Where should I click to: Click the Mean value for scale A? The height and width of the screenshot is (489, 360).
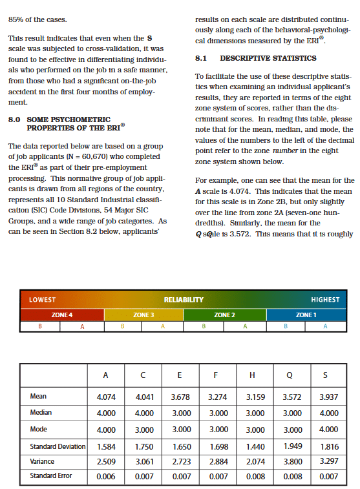point(105,397)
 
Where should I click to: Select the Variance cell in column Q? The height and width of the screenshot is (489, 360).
point(292,462)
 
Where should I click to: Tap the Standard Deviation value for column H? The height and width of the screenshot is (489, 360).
point(257,446)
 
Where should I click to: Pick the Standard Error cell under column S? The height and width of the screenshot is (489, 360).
point(328,476)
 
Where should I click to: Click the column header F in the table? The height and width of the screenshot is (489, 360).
point(216,374)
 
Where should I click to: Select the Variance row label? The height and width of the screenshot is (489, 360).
point(43,461)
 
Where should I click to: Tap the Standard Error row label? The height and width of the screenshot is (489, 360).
point(51,476)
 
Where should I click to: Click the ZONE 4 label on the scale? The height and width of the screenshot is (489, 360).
point(61,314)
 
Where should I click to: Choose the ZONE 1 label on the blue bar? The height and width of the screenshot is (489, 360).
point(305,314)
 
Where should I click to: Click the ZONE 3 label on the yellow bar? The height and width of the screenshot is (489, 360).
point(143,314)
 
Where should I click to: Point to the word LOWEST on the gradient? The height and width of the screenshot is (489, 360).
point(43,300)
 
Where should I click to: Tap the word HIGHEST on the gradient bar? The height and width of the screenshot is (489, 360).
point(324,300)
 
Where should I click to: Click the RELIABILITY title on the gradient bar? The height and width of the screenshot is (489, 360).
point(184,300)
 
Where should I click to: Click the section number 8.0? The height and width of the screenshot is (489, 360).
point(16,120)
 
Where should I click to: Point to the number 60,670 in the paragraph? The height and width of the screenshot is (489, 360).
point(105,157)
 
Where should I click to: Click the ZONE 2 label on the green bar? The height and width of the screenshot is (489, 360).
point(224,314)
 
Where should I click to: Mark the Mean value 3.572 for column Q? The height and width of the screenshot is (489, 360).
point(292,397)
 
